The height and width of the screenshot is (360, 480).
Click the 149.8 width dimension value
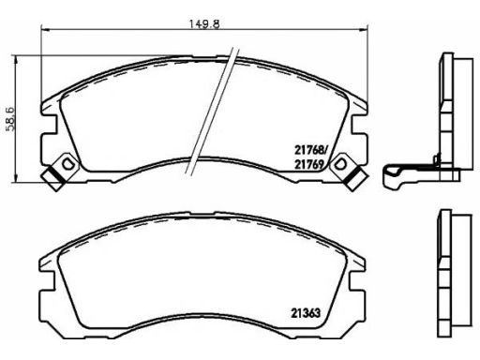pos(204,24)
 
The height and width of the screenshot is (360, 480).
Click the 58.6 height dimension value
pos(10,119)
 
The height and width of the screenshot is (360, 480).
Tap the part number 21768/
pos(310,150)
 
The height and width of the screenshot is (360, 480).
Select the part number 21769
pos(308,164)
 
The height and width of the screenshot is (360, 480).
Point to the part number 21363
pos(306,313)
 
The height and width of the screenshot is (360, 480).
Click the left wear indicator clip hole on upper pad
pos(67,163)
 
